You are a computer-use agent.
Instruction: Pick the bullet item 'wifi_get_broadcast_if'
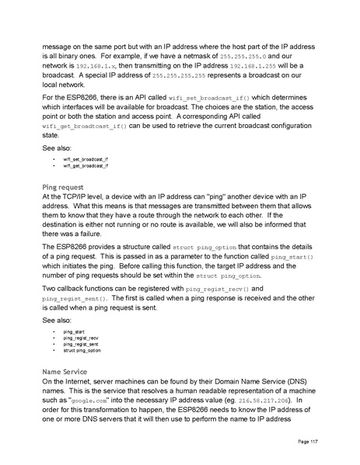86,165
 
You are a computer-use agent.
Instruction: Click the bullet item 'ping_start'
74,331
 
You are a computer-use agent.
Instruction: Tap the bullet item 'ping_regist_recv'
81,338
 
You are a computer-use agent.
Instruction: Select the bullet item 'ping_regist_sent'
81,345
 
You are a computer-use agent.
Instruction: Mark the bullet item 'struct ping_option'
82,352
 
